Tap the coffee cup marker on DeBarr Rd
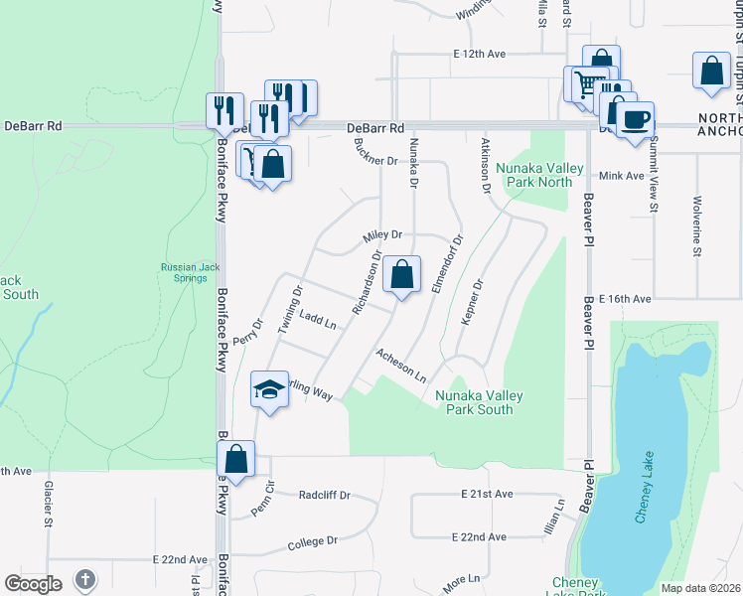pos(636,119)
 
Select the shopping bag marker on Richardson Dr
pos(402,274)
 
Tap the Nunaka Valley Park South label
pos(481,402)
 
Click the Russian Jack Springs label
pos(187,272)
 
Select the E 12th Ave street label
pos(479,53)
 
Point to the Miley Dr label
pos(382,234)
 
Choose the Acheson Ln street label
pos(401,366)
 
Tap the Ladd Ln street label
pos(318,318)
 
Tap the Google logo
pos(32,584)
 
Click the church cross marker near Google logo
pos(86,579)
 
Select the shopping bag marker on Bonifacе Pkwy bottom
pos(236,459)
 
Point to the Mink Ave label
pos(623,175)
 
